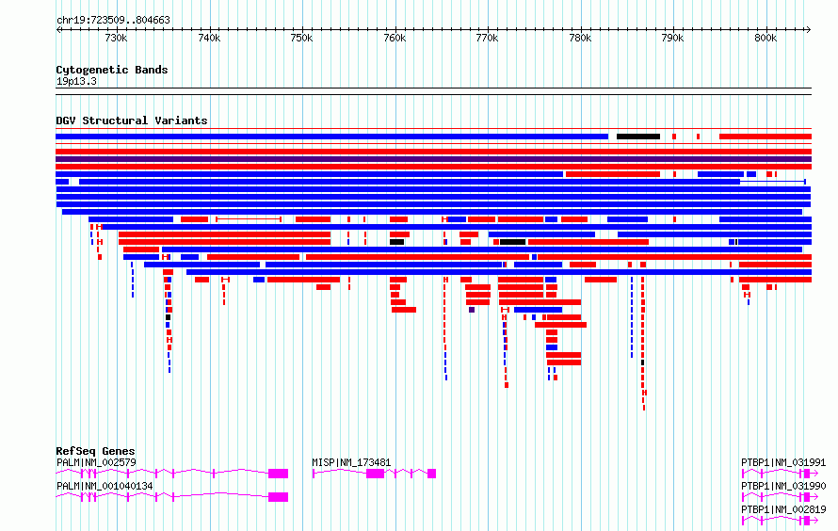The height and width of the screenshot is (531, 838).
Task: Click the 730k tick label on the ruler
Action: (x=116, y=39)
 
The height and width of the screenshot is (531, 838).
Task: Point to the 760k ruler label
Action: (x=395, y=39)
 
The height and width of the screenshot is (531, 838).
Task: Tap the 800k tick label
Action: (x=765, y=39)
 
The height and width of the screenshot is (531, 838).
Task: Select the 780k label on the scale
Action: (x=580, y=39)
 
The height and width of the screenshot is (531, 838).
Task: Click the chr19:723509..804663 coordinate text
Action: (x=113, y=20)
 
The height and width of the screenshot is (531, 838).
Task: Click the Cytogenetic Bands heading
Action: (x=112, y=70)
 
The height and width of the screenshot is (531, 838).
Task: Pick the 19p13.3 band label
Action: (x=76, y=81)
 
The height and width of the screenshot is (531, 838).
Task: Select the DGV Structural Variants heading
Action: (x=132, y=121)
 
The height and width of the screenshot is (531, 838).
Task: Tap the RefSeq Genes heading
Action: (x=95, y=451)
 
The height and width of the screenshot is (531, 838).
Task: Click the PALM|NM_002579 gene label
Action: (x=96, y=462)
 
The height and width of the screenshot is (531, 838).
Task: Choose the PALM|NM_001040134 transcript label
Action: (x=105, y=486)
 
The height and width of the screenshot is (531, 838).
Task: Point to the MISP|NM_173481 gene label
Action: (x=351, y=462)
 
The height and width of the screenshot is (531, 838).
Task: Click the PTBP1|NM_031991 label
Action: (x=783, y=462)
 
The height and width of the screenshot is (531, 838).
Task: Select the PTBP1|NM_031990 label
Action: (x=783, y=486)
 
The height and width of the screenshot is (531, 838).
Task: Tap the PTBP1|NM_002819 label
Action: (x=783, y=509)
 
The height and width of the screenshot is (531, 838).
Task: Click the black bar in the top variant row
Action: (x=638, y=137)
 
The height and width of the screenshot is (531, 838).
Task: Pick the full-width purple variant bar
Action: (x=433, y=159)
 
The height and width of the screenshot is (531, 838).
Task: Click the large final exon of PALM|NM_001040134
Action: (x=278, y=497)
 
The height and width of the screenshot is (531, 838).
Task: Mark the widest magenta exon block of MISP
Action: (x=375, y=474)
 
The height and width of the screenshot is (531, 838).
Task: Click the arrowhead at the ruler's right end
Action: (x=809, y=30)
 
